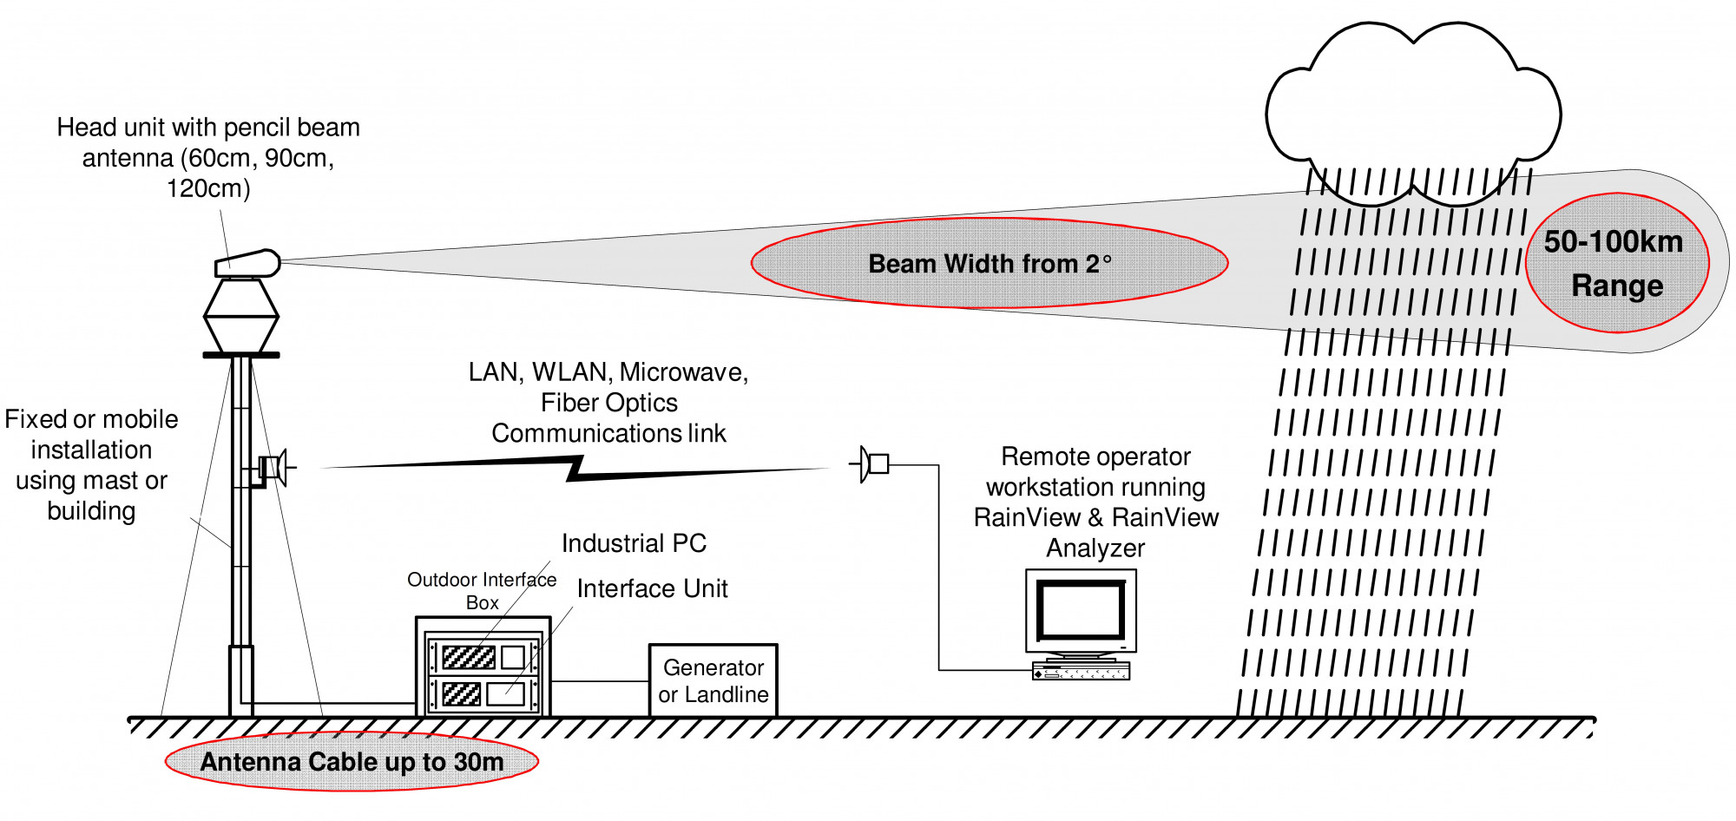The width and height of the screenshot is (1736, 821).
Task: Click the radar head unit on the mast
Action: click(x=247, y=264)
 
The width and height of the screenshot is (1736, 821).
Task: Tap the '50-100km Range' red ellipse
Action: click(x=1616, y=263)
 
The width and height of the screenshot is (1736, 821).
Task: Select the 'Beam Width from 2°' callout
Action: click(x=990, y=263)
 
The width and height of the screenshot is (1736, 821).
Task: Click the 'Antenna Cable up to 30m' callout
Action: click(x=352, y=762)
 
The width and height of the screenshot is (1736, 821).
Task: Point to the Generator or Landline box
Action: click(x=713, y=680)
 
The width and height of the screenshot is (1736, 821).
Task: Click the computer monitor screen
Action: click(x=1081, y=610)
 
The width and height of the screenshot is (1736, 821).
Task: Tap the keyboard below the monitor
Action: click(x=1081, y=671)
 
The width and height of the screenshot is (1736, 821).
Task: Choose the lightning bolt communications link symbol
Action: click(x=575, y=470)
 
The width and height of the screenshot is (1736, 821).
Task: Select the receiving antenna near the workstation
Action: click(x=871, y=463)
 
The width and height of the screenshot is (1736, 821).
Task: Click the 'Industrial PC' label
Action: click(x=634, y=543)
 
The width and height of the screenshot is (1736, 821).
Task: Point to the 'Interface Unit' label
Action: click(x=652, y=588)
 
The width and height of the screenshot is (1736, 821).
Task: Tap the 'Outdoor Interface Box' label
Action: click(x=482, y=590)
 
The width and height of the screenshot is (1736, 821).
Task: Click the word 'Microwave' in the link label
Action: click(x=682, y=372)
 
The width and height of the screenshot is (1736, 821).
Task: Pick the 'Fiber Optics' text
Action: click(x=608, y=403)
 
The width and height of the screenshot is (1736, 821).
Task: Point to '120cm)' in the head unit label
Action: click(x=208, y=188)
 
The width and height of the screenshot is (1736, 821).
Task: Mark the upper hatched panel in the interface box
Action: click(x=469, y=656)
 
